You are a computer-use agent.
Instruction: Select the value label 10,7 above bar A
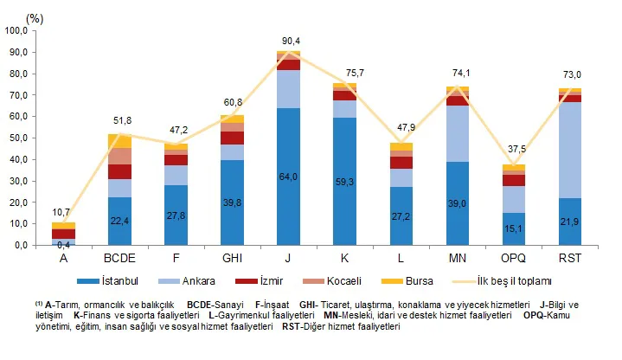click(63, 211)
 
